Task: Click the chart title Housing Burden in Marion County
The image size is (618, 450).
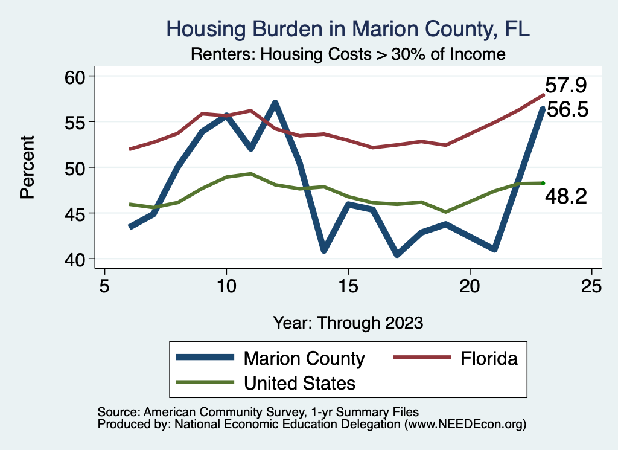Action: [x=348, y=29]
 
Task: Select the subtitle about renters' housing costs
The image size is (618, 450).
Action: [x=348, y=54]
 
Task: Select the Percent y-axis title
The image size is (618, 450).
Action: [x=27, y=167]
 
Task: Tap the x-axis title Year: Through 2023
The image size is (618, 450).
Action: [x=348, y=322]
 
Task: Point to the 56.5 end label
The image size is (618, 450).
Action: [x=567, y=110]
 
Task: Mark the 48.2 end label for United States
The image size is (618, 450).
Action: [x=565, y=196]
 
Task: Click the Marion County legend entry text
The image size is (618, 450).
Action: [x=304, y=358]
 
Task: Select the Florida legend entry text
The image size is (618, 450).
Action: [x=489, y=358]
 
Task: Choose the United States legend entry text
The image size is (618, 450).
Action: [x=299, y=382]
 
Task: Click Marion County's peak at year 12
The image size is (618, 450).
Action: [x=275, y=103]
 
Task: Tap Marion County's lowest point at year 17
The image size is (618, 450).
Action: [x=397, y=254]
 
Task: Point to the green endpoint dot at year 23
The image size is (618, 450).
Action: [x=543, y=183]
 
